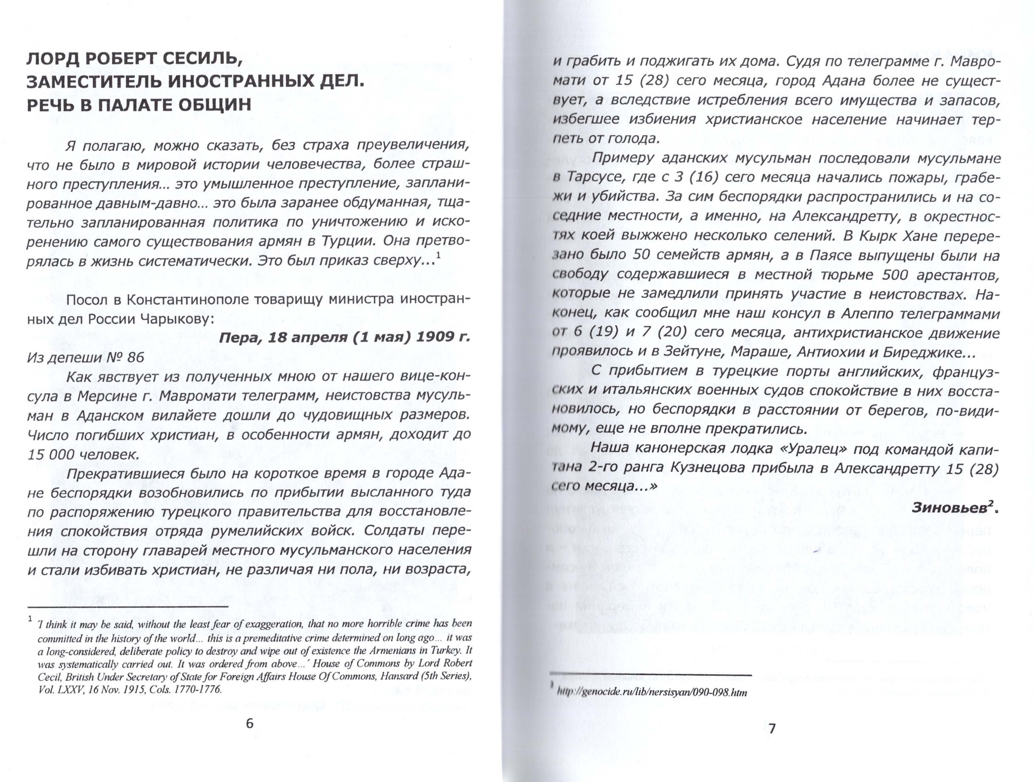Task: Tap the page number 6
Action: pos(249,724)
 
